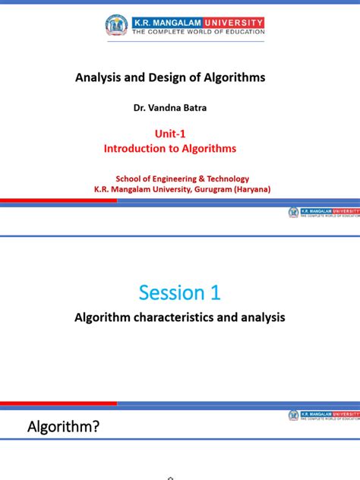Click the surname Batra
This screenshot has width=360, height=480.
coord(195,108)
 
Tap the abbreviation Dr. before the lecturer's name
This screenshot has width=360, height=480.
coord(142,108)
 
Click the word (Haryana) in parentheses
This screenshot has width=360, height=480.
coord(254,188)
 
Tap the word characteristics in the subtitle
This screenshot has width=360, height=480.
coord(164,318)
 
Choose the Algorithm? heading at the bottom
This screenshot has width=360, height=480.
coord(64,428)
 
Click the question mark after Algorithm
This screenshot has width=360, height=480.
coord(96,428)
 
